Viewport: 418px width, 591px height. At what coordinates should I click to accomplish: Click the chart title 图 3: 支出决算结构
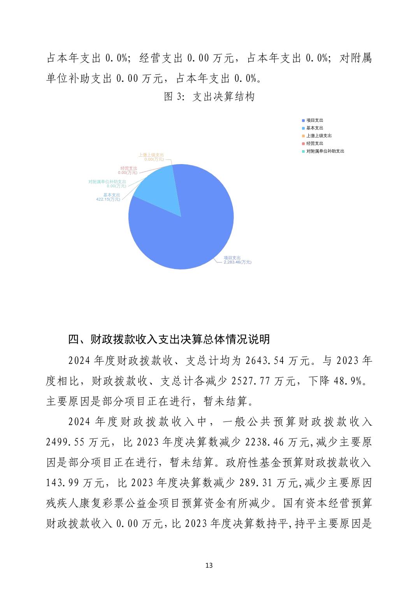coord(209,96)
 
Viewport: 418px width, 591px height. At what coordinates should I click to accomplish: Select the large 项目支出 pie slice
coord(187,233)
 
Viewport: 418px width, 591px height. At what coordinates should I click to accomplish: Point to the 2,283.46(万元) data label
coord(237,262)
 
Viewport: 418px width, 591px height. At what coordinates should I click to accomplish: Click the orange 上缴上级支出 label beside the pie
coord(151,155)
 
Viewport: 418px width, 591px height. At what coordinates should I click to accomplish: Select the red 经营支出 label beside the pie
coord(128,168)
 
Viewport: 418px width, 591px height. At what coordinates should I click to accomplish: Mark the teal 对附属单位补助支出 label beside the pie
coord(107,182)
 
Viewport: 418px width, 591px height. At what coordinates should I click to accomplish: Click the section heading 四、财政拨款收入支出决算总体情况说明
coord(169,339)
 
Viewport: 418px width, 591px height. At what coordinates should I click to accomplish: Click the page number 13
coord(209,565)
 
